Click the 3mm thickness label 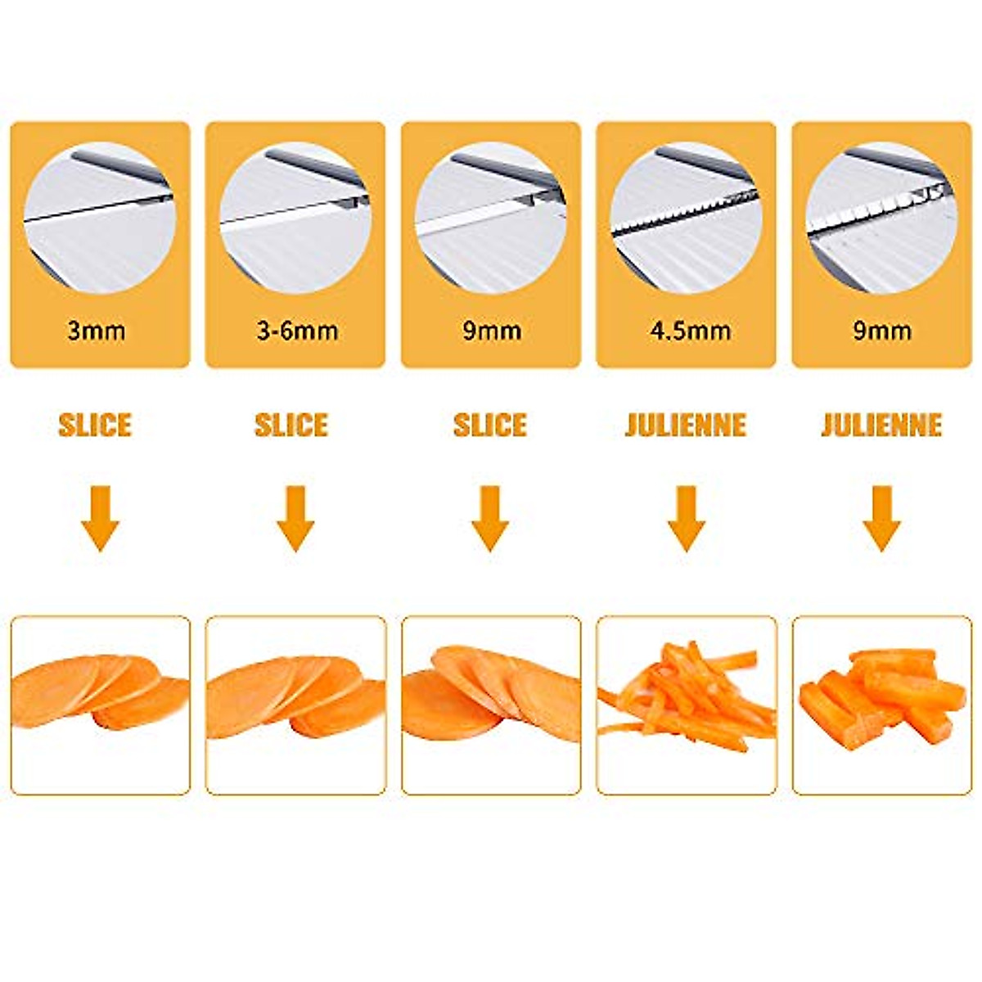[97, 331]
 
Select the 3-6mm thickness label [297, 331]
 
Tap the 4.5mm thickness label [690, 331]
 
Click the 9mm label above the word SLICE [491, 331]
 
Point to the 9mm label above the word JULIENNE [881, 331]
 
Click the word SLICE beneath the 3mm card [95, 426]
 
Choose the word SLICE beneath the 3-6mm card [291, 426]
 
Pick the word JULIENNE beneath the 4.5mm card [686, 426]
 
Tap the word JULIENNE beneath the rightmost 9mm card [881, 426]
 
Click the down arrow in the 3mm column [100, 518]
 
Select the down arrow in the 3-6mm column [295, 518]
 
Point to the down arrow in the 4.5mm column [686, 518]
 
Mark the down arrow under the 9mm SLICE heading [490, 518]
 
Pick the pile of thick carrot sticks [881, 696]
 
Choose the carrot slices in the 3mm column [100, 691]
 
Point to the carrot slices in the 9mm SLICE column [491, 691]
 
